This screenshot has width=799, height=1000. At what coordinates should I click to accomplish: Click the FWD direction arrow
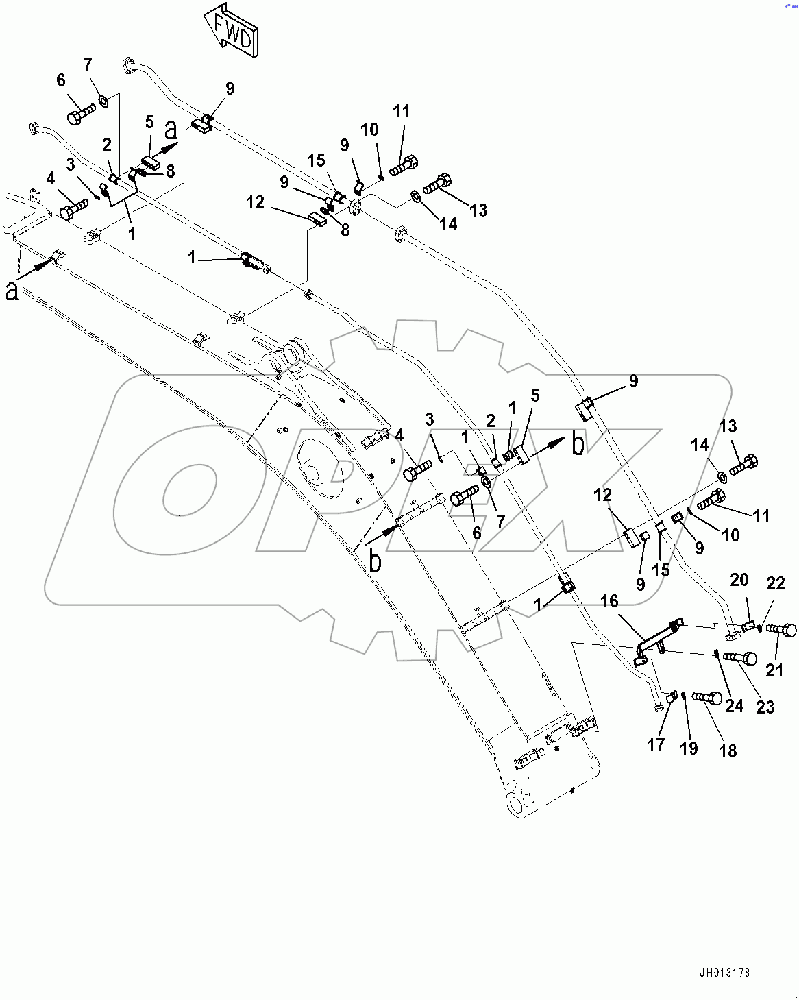230,29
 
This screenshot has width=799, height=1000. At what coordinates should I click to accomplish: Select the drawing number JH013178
724,973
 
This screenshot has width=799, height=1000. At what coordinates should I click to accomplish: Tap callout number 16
609,601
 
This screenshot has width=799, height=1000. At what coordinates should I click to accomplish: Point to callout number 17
656,744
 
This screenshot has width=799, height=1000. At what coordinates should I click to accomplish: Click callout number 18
728,751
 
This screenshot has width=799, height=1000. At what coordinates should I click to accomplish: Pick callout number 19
689,748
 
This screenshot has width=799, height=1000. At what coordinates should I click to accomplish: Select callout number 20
739,580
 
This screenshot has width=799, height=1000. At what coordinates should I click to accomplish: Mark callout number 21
774,669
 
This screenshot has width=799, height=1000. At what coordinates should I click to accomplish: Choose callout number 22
775,583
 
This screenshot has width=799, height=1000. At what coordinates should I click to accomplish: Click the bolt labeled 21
781,629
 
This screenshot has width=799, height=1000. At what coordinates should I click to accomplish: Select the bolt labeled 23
740,658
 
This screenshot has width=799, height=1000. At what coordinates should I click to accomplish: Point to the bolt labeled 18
706,698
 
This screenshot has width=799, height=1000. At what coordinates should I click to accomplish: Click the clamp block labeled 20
748,625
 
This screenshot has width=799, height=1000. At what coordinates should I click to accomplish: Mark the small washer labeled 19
684,698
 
